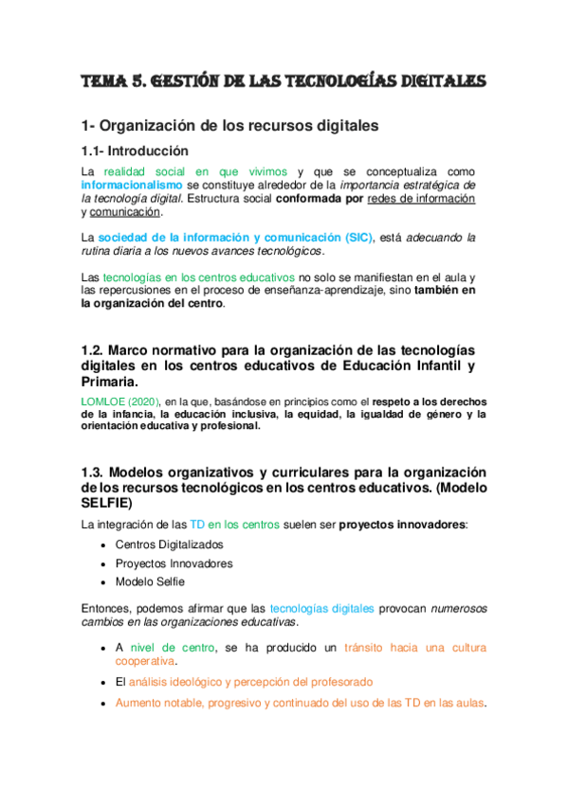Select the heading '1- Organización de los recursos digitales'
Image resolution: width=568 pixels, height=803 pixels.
pos(230,125)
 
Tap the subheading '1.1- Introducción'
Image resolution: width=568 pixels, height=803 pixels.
pos(136,152)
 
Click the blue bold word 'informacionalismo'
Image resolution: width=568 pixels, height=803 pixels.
pos(131,185)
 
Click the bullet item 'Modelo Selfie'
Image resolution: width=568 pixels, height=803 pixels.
pos(150,581)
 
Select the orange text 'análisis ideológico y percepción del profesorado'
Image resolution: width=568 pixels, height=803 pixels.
pos(250,682)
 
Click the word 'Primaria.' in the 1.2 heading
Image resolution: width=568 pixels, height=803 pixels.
pos(110,383)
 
